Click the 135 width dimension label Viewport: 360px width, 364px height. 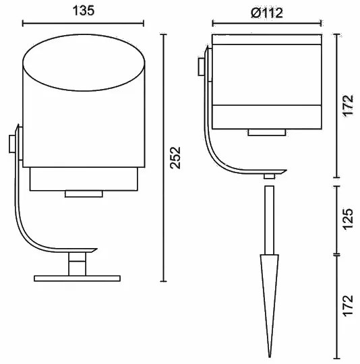[84, 11]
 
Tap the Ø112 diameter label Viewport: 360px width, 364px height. [267, 13]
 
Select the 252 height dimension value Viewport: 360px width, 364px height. [175, 158]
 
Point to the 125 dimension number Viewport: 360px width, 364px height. [348, 219]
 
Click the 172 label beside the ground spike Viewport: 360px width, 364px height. [348, 305]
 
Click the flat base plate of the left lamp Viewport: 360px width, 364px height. [77, 278]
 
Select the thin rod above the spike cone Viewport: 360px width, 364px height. [269, 220]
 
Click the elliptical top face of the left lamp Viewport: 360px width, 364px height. [84, 63]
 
